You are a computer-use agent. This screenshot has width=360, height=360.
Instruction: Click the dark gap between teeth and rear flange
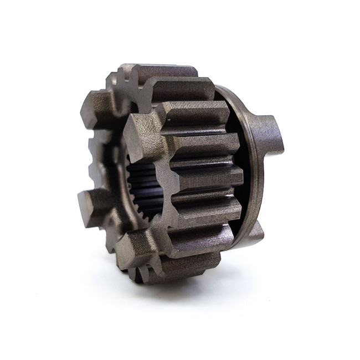pos(235,166)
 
